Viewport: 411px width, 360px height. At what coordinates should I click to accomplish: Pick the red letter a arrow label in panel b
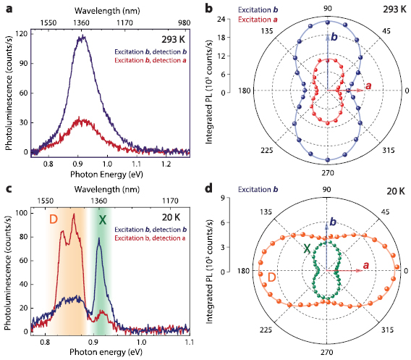(369, 87)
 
